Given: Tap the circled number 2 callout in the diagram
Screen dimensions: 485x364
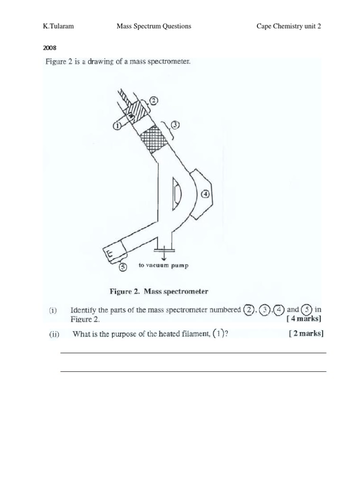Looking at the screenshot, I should click(154, 100).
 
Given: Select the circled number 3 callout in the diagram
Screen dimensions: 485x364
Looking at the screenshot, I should click(175, 125).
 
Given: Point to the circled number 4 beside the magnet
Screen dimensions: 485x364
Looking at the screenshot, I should click(206, 193).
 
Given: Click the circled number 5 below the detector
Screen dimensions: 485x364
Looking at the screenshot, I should click(122, 266).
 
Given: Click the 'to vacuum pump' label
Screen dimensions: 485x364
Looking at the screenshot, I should click(163, 266).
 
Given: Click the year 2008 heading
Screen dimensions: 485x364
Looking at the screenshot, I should click(50, 48).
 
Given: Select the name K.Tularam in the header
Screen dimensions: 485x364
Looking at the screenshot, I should click(58, 27).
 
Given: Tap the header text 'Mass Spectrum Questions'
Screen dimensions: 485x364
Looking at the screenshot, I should click(154, 27).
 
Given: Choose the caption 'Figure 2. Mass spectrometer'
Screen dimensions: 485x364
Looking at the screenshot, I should click(159, 292).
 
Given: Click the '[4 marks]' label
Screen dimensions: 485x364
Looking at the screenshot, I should click(304, 319).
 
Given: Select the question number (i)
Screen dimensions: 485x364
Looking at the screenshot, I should click(53, 311).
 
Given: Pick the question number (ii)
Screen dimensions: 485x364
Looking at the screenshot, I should click(54, 334).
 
